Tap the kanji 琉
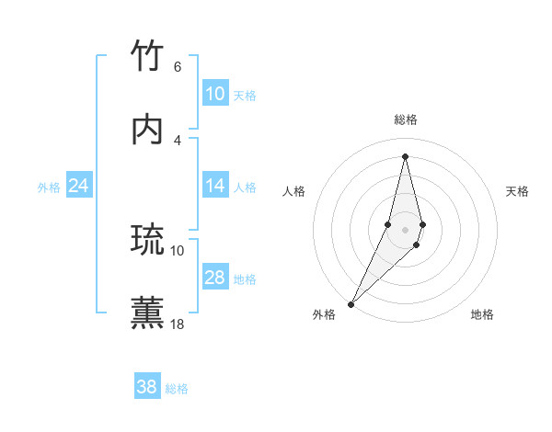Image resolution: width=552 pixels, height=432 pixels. (x=148, y=240)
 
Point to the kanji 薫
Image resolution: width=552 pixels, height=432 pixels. (x=148, y=313)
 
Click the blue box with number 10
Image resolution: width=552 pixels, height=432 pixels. (x=214, y=94)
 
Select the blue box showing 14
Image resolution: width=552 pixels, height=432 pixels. (x=214, y=186)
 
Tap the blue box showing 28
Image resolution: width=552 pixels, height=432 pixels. (x=214, y=278)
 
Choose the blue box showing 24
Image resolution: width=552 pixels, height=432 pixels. (x=78, y=186)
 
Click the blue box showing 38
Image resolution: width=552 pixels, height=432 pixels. (x=146, y=387)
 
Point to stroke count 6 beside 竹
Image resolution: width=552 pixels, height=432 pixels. (x=177, y=66)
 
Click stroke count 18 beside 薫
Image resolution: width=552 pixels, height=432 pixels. (x=178, y=324)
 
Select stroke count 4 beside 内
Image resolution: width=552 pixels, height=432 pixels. (x=177, y=140)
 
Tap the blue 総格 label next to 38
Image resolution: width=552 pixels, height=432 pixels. (x=177, y=389)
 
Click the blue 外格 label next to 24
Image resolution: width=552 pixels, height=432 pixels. (x=49, y=188)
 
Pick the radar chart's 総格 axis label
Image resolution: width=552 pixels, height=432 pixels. (x=405, y=119)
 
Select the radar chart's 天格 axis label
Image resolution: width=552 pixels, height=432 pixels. (x=518, y=191)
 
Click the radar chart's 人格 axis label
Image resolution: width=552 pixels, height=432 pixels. (x=293, y=191)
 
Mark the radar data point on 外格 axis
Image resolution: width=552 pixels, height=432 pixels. (x=351, y=303)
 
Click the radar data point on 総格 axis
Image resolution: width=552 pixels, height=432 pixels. (x=405, y=156)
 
